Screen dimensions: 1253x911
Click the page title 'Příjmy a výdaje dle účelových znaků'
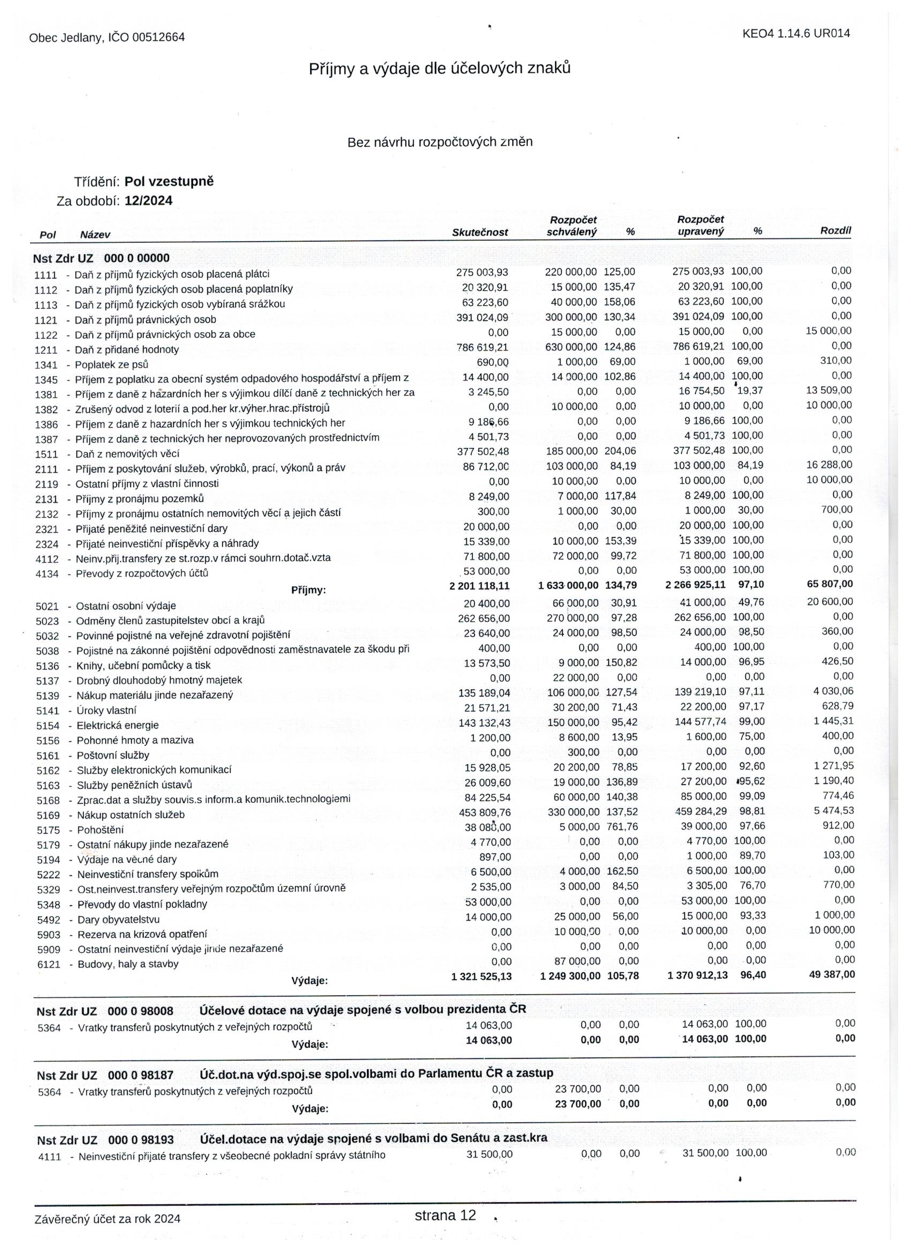(439, 69)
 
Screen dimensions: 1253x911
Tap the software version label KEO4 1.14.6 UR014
(796, 33)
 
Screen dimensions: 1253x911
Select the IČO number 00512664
(158, 38)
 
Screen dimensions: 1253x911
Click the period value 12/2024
(148, 200)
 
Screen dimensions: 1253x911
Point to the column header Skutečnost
(480, 233)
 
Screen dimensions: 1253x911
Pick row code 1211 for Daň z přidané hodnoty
(46, 350)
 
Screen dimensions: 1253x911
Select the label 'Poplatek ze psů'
(111, 364)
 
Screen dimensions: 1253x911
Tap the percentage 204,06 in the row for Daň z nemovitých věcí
(620, 451)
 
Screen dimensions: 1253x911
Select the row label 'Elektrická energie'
(118, 726)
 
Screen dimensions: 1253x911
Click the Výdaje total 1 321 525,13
(481, 976)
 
